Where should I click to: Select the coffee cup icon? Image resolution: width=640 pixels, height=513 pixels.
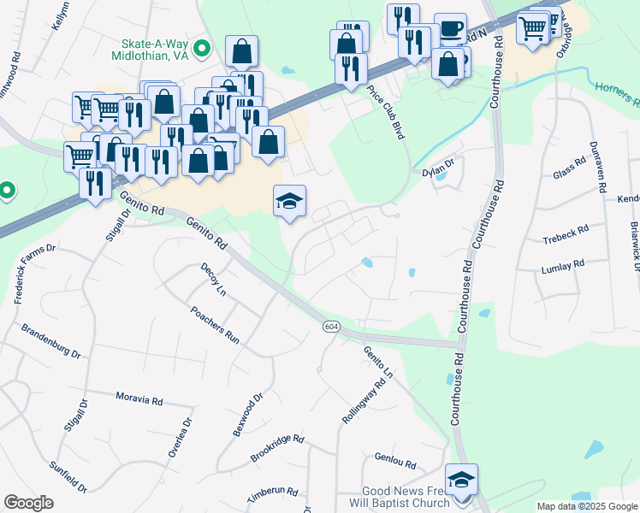[x=450, y=27]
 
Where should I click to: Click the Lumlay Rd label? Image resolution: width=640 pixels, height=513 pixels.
[x=562, y=266]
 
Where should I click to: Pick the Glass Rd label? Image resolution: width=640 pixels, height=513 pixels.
[x=569, y=173]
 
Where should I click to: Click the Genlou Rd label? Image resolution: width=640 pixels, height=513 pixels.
[x=394, y=464]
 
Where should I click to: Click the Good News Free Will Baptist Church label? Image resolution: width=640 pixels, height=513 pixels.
[x=406, y=497]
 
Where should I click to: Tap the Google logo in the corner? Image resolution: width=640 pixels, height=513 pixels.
[x=28, y=503]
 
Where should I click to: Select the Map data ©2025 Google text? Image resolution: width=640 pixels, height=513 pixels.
[x=587, y=506]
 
